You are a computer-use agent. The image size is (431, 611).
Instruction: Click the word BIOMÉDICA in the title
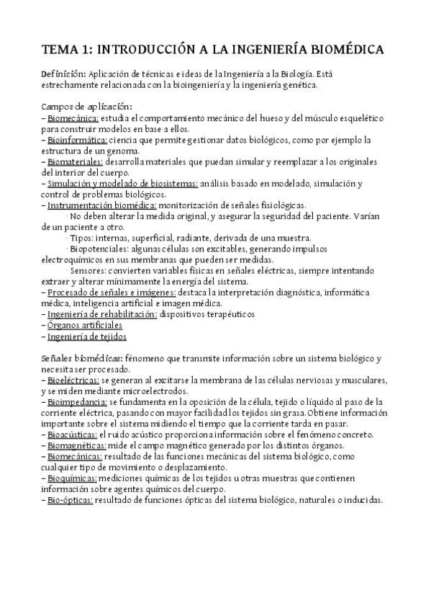344,50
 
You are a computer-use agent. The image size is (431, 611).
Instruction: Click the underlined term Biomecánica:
73,117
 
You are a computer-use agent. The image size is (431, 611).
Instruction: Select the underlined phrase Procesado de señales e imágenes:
112,293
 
